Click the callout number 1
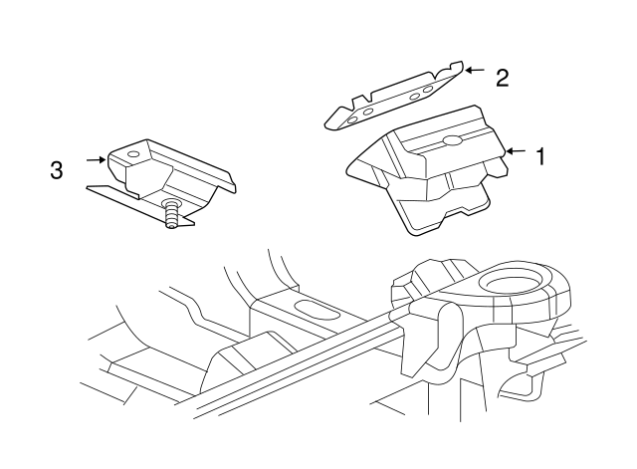540,156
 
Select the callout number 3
57,170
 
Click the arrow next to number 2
474,71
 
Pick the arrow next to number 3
95,158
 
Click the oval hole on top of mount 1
453,140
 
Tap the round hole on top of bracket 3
134,155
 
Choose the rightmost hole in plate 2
428,89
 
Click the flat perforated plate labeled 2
393,100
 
